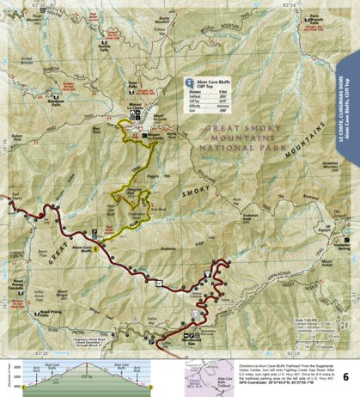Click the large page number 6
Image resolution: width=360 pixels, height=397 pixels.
pos(345,376)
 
